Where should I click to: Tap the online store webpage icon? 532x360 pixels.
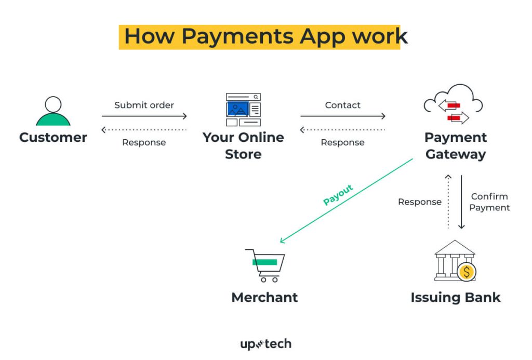pos(243,110)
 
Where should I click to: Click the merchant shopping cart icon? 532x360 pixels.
pos(265,265)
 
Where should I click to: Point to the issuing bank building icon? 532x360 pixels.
pos(455,261)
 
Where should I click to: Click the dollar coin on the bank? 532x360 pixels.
pos(467,272)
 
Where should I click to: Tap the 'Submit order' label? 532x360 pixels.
pos(144,105)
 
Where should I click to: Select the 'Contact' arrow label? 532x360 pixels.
pos(343,105)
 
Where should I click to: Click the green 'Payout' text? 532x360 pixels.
pos(338,195)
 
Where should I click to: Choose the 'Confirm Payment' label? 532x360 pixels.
pos(489,202)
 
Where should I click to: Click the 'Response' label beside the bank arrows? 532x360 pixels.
pos(420,202)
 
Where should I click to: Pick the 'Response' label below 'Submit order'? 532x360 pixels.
pos(144,142)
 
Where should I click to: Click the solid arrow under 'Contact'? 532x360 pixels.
pos(343,116)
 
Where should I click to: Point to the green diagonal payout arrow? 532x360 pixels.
pos(347,201)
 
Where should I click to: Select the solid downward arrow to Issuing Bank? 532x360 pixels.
pos(461,202)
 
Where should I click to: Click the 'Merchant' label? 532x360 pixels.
pos(264,297)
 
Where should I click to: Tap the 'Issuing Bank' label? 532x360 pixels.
pos(455,297)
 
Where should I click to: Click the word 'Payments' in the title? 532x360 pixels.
pos(237,36)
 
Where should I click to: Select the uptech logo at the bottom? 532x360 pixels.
pos(265,344)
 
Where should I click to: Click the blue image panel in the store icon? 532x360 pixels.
pos(237,109)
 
